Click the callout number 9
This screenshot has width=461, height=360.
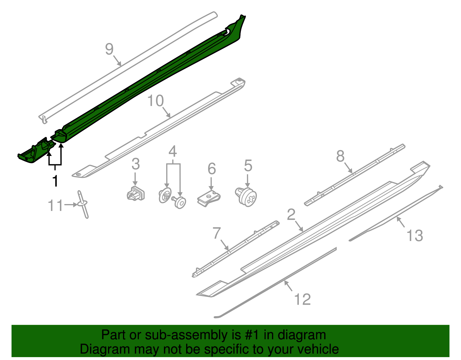click(109, 49)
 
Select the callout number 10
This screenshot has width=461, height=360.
click(155, 101)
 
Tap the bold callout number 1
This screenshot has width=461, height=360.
click(55, 181)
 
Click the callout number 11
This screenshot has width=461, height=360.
click(55, 206)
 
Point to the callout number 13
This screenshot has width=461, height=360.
click(414, 235)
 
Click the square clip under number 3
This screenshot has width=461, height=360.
click(136, 194)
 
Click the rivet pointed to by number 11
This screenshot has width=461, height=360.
click(83, 204)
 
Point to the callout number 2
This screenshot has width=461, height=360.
click(291, 215)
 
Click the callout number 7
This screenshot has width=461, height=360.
click(217, 233)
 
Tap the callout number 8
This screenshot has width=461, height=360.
click(340, 156)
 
